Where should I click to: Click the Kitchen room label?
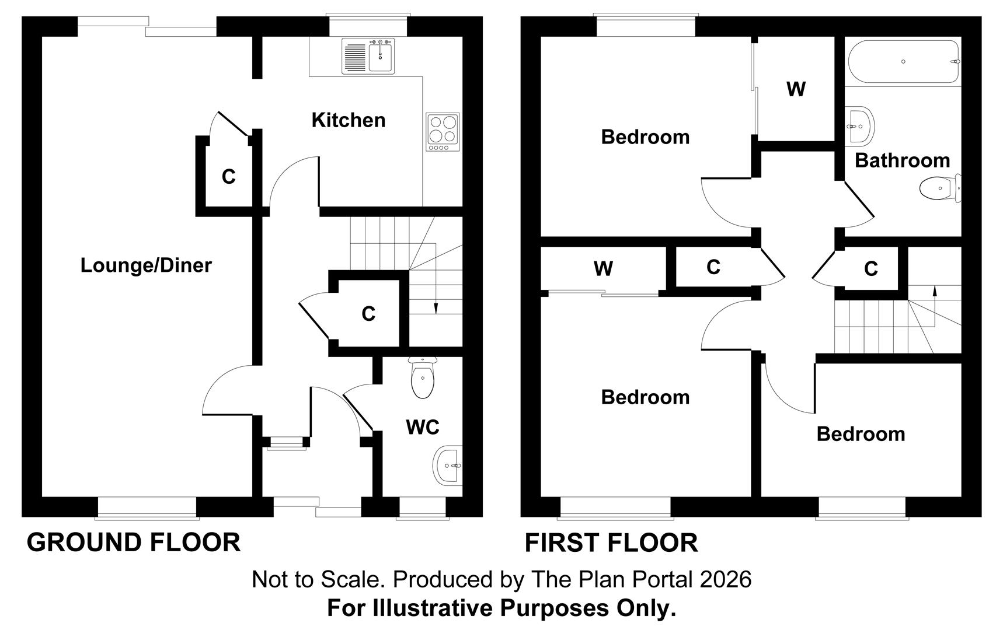[x=349, y=120]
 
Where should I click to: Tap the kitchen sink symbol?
[x=369, y=56]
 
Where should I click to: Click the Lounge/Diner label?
[x=146, y=265]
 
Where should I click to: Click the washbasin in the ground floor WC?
[x=448, y=466]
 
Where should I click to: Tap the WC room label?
[x=422, y=428]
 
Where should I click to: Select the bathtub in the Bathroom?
[x=902, y=62]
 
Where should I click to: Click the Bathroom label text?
[x=902, y=160]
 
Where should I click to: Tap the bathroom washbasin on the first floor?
[x=860, y=125]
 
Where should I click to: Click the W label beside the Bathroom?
[x=796, y=89]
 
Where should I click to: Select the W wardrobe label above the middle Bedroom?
[x=603, y=269]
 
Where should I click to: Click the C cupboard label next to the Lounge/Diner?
[x=228, y=177]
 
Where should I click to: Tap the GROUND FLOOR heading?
[x=134, y=542]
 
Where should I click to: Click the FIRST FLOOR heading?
[x=611, y=543]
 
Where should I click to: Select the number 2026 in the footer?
[x=726, y=580]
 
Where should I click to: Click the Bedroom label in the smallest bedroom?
[x=861, y=434]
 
